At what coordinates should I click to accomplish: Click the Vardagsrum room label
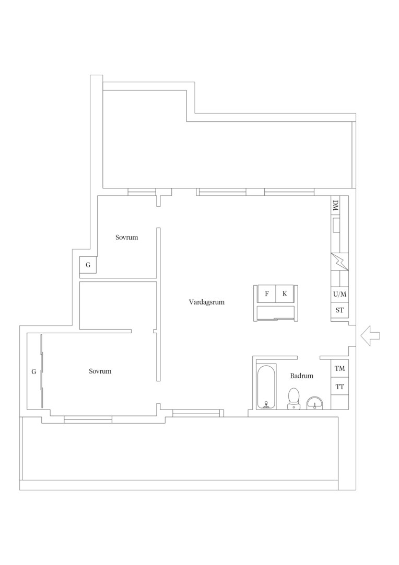[206, 302]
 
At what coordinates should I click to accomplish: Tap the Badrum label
[301, 376]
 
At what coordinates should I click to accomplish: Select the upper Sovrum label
[126, 237]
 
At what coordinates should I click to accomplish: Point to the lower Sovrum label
[100, 371]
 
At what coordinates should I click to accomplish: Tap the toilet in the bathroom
[294, 399]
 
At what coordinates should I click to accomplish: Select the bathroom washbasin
[315, 403]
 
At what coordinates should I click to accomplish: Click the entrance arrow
[370, 335]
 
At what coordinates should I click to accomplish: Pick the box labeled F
[266, 293]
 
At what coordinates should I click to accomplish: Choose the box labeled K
[285, 293]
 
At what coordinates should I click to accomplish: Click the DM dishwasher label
[336, 206]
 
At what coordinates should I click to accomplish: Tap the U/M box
[339, 294]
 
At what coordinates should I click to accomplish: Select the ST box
[339, 310]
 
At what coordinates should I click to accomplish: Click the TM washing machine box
[339, 368]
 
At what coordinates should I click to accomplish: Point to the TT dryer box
[339, 387]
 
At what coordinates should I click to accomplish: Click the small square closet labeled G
[88, 265]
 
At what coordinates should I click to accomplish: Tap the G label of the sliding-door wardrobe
[34, 371]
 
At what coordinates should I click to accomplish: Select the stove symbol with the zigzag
[339, 262]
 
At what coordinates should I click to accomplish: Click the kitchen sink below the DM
[336, 225]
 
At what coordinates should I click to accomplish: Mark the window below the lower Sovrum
[88, 420]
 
